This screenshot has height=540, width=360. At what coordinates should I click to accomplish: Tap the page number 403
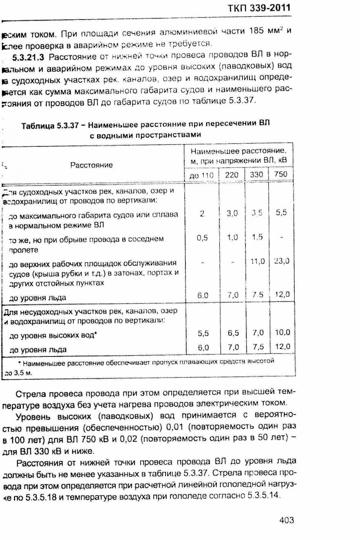coord(287,520)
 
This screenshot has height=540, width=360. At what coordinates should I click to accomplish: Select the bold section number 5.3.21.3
coord(29,56)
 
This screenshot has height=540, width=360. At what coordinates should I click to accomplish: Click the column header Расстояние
coord(91,165)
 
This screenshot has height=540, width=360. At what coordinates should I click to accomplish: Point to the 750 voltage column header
coord(281,175)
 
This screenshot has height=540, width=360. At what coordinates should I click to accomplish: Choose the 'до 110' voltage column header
coord(202,175)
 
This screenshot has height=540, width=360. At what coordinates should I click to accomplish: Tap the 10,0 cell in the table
coord(282,332)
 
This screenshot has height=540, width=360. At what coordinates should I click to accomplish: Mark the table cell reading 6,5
coord(233,333)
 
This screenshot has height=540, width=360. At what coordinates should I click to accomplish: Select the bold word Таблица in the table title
coord(38,125)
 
